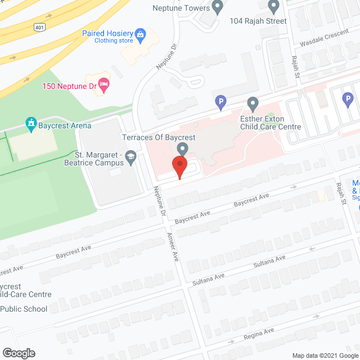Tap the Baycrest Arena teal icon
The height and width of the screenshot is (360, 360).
(x=31, y=123)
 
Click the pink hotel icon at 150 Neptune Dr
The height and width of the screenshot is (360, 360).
(x=104, y=84)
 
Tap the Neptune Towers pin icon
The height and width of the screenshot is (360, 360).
(x=218, y=7)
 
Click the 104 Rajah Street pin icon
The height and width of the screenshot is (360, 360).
(x=274, y=7)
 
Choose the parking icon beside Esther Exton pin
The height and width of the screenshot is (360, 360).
(x=221, y=102)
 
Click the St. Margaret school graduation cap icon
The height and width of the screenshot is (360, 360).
(x=130, y=157)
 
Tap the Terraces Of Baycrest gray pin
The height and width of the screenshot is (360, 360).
(x=182, y=148)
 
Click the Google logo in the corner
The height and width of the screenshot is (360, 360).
(x=18, y=353)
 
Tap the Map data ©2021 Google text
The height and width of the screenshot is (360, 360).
(x=325, y=355)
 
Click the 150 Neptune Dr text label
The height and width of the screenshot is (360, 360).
(x=69, y=86)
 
